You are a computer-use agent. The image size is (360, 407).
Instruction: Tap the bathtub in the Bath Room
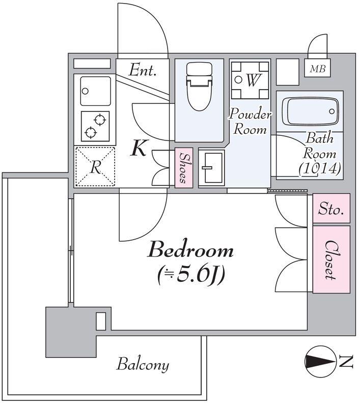[x=310, y=111]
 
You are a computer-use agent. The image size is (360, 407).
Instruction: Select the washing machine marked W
[x=250, y=80]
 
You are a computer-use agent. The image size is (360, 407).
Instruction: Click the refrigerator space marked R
[x=95, y=166]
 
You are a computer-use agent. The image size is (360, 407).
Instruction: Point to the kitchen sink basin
[x=96, y=91]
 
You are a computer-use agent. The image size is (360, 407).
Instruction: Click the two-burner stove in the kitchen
[x=95, y=126]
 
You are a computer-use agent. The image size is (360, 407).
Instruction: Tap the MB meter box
[x=317, y=68]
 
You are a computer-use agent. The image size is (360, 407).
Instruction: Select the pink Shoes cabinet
[x=184, y=168]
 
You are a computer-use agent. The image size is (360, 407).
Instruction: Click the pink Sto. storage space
[x=331, y=209]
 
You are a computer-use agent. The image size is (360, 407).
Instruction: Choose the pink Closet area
[x=331, y=259]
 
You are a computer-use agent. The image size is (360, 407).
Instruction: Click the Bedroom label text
[x=190, y=250]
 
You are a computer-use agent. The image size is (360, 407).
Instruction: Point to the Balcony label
[x=143, y=365]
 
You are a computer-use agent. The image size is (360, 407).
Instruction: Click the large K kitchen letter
[x=139, y=148]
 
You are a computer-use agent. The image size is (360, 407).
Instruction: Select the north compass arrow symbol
[x=320, y=362]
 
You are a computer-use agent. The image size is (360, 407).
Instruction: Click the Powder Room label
[x=250, y=121]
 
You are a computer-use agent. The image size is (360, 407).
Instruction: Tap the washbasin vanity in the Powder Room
[x=212, y=168]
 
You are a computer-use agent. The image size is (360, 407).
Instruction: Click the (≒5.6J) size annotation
[x=191, y=275]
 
